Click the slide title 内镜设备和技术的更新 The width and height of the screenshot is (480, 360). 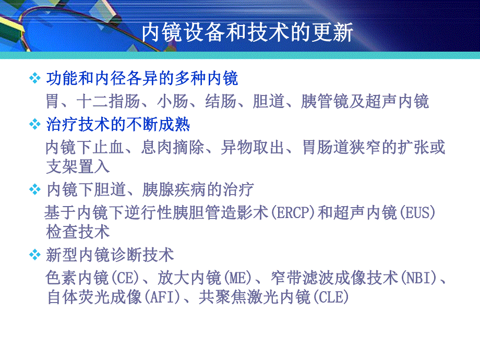[x=247, y=33]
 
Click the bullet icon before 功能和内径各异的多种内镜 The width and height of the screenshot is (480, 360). [x=35, y=79]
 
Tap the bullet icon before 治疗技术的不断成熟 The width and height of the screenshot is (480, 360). [x=35, y=125]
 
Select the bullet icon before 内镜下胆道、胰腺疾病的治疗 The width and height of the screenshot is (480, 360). [x=35, y=189]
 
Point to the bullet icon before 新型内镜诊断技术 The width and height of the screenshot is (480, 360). [x=35, y=255]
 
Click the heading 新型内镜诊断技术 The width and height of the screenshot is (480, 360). [x=110, y=255]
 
